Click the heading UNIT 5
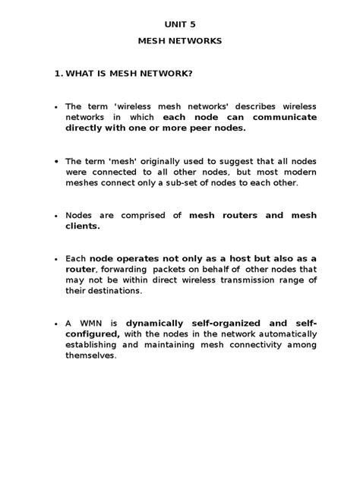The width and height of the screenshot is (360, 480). point(180,24)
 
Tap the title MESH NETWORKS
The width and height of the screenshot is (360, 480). point(180,41)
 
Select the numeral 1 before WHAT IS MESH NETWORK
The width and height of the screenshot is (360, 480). point(58,74)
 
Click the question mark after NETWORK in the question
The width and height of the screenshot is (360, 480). point(189,74)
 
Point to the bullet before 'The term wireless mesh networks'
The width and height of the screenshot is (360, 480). point(56,108)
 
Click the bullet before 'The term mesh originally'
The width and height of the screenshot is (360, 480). point(56,162)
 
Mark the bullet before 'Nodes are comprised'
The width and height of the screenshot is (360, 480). point(56,216)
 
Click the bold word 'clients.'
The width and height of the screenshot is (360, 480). point(82,226)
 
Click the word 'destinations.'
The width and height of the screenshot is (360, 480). point(114,291)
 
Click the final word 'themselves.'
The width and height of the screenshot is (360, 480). point(91,355)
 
